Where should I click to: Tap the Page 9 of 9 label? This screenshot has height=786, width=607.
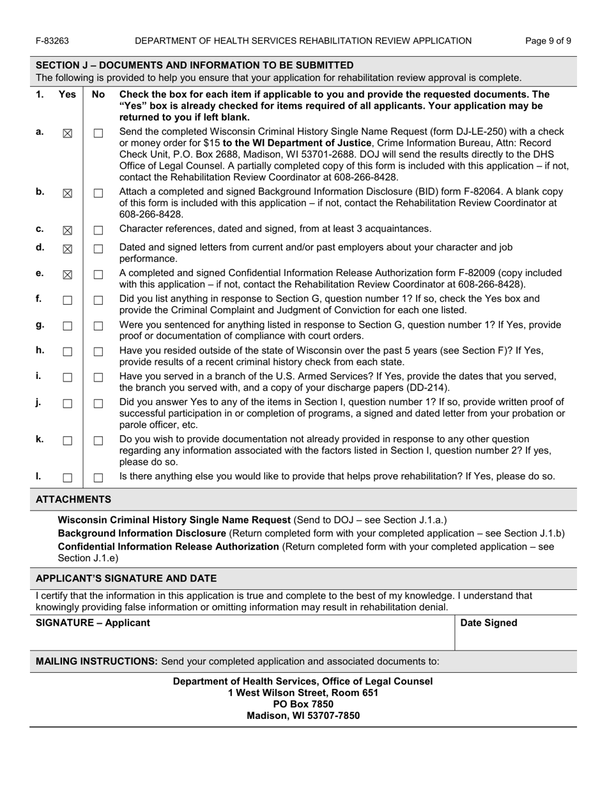point(548,41)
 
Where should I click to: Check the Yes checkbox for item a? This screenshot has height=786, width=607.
point(67,133)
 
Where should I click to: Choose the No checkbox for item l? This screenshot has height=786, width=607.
point(98,477)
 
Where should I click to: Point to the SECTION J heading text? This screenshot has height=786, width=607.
point(194,65)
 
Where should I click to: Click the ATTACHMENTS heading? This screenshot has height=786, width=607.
point(73,499)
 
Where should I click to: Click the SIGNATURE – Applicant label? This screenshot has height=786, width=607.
point(93,623)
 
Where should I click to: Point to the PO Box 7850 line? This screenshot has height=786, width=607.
point(303,704)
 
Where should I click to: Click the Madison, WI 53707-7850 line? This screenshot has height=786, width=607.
point(303,716)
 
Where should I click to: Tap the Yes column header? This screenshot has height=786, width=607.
point(67,95)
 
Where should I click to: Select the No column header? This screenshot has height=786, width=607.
point(98,95)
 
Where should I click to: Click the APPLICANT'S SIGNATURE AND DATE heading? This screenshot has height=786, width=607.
point(126,578)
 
